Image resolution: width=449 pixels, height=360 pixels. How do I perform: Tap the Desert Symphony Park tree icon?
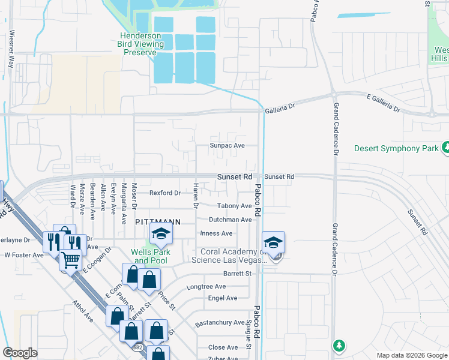point(445,148)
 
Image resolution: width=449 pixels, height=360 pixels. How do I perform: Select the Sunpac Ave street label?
point(227,146)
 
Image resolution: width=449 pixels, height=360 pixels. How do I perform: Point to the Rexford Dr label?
point(165,193)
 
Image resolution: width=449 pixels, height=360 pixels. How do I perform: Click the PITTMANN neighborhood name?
point(158,221)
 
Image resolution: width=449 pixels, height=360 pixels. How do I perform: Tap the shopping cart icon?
point(71,260)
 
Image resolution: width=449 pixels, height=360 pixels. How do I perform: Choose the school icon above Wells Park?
point(161,235)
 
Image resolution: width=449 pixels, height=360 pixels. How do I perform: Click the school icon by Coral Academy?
point(273,242)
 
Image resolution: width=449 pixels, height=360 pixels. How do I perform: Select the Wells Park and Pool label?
point(151,256)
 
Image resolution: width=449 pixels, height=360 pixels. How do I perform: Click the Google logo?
point(20,353)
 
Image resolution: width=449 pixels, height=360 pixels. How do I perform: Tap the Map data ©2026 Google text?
point(411,355)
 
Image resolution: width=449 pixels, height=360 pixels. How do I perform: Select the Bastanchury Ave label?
point(220,323)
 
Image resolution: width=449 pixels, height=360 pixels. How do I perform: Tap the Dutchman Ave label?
point(230,220)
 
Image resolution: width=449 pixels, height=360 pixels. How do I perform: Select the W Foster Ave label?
point(24,255)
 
